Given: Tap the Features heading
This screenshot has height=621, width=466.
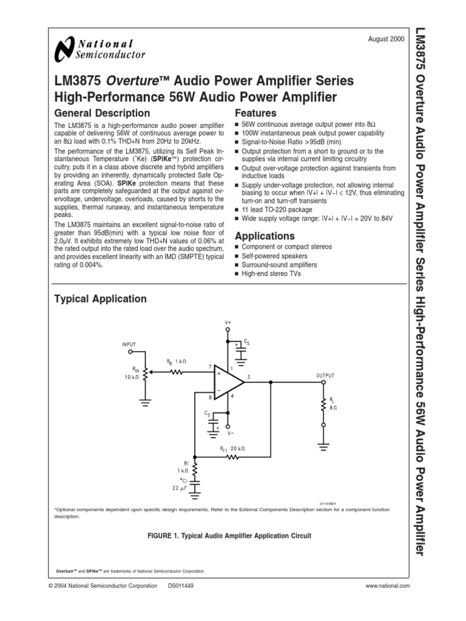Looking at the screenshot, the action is pos(255,113).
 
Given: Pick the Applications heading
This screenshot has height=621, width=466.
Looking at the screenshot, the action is pos(265,236).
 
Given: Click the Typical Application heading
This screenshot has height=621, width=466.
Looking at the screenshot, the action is pos(100,298).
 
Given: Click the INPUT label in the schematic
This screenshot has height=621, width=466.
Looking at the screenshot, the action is pos(129,344).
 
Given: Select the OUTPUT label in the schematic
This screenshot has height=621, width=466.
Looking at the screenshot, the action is pos(325,375).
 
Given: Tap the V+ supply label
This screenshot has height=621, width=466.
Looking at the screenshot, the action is pos(228,322).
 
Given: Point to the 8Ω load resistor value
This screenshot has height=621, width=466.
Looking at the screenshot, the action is pos(333,408).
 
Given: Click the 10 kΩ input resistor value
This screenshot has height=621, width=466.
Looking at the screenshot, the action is pos(132,377).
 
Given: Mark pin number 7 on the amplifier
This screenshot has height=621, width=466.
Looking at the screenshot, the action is pos(209,368).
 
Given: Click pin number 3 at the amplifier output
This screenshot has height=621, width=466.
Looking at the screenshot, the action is pos(249,377).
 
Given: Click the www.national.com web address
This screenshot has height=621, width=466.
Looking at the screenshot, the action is pos(388,586).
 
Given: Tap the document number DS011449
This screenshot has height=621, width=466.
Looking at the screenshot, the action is pos(181,586).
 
